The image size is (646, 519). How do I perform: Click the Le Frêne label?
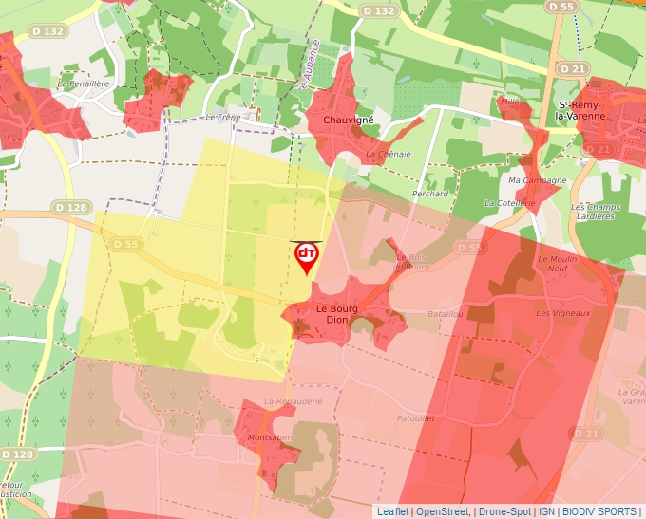coord(224,118)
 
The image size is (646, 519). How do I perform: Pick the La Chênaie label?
coord(389,154)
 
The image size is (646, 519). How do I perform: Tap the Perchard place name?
coord(430,194)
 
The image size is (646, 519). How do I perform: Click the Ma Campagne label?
coord(538,180)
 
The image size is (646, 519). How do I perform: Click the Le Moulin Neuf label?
coord(557,264)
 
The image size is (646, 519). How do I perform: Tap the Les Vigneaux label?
coord(563,313)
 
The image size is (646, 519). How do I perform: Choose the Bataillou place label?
coord(446,313)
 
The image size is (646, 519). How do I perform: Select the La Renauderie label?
coord(294,401)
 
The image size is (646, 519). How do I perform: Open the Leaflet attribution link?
coord(393,511)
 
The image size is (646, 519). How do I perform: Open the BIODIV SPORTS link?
coord(599,511)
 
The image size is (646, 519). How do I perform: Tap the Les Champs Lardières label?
coord(595,212)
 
